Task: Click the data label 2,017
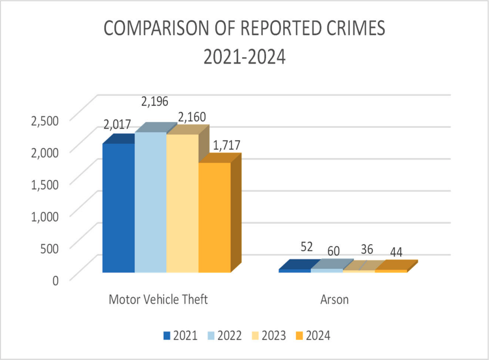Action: pos(117,124)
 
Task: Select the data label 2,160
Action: pos(191,117)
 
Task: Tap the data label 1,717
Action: pos(226,145)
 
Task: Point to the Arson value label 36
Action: pos(367,249)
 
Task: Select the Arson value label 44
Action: pos(396,253)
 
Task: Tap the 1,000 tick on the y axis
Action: pos(44,216)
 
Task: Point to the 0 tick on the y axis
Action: pos(55,280)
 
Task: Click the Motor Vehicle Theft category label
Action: pos(158,299)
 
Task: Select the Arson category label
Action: pos(335,299)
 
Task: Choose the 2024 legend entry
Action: pos(313,336)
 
